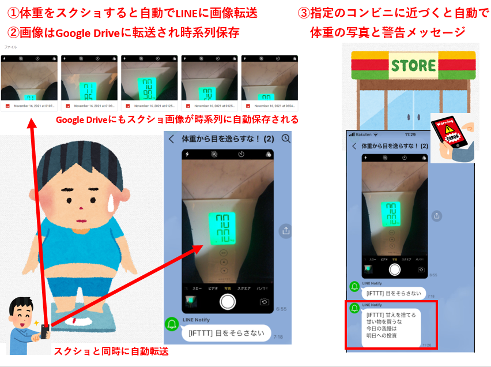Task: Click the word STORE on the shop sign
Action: click(413, 65)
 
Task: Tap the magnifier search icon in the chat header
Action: click(286, 139)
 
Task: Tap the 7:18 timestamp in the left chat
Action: click(278, 336)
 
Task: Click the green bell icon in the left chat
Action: click(172, 324)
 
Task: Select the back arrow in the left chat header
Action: click(171, 139)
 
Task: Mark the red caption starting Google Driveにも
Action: click(177, 120)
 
